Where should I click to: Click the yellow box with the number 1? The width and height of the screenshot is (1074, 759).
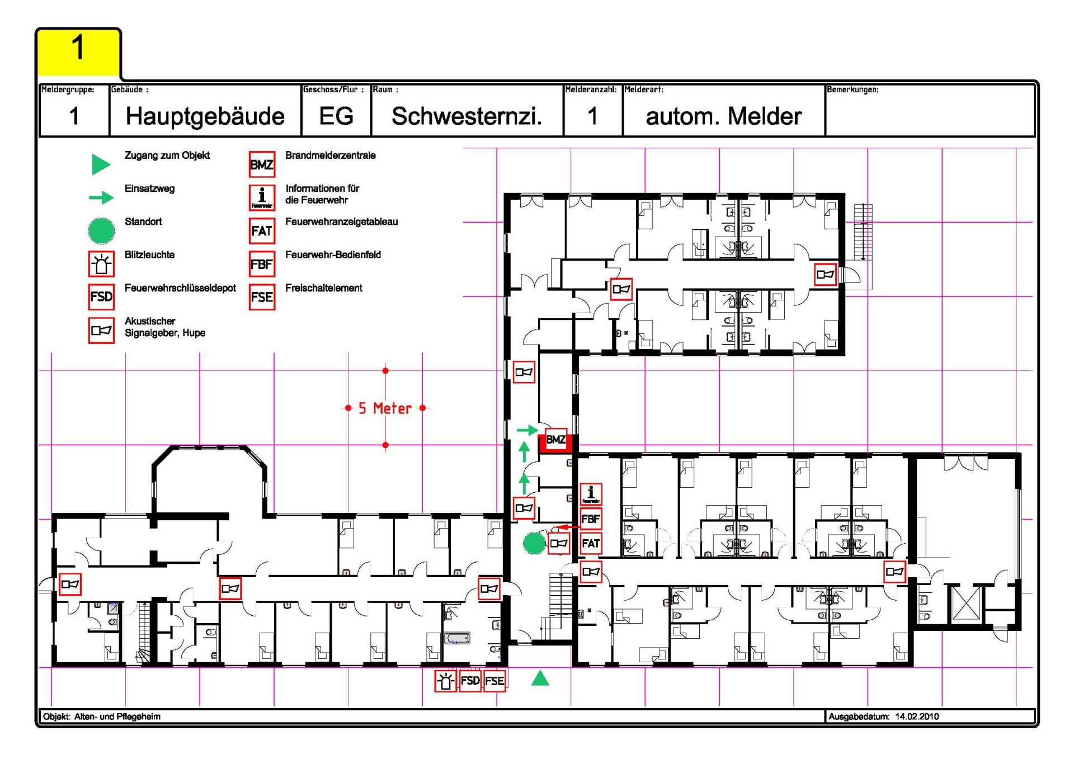[78, 51]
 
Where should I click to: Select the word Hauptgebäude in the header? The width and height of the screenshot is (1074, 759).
[205, 116]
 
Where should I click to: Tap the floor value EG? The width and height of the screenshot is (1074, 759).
[336, 116]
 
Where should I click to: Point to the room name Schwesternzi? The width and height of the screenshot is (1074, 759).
[467, 116]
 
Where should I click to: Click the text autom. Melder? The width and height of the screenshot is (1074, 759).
[723, 116]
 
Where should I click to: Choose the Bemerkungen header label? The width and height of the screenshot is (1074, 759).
[852, 89]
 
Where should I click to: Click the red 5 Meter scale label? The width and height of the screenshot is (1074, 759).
[385, 408]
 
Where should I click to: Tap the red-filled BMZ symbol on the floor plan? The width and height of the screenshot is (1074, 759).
[555, 440]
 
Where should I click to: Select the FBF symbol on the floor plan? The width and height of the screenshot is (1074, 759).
[591, 519]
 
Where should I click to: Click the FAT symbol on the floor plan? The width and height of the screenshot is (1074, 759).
[591, 543]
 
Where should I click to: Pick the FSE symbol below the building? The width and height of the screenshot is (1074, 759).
[494, 681]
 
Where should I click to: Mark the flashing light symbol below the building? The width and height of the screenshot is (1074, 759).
[446, 681]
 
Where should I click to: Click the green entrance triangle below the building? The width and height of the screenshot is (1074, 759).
[540, 679]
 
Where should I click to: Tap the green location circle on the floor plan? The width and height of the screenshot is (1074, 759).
[534, 543]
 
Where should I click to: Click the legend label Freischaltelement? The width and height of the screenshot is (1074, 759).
[323, 288]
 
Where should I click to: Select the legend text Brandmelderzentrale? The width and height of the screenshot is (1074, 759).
[330, 155]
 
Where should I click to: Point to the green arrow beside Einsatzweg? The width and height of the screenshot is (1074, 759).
[101, 197]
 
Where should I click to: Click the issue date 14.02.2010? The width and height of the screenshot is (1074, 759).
[917, 716]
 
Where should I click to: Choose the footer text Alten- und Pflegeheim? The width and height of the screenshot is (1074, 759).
[117, 716]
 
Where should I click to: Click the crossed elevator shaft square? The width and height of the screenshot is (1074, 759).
[965, 603]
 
